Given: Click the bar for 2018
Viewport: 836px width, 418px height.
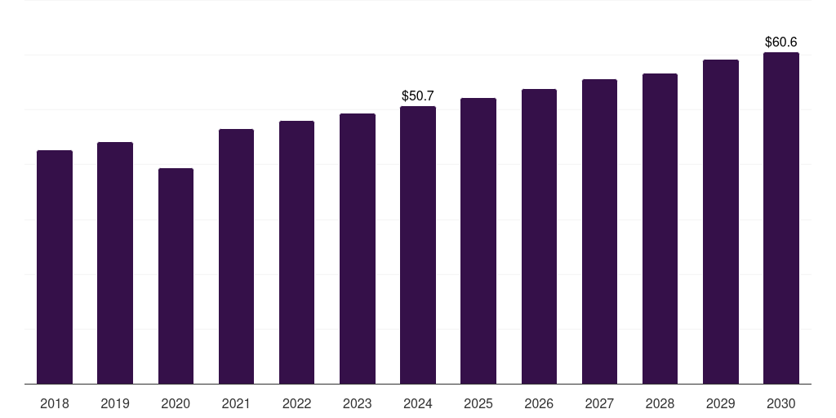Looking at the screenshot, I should point(55,267).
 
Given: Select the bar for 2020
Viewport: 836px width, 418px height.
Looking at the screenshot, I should point(176,276).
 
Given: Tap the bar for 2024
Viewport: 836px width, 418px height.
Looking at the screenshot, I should point(418,245).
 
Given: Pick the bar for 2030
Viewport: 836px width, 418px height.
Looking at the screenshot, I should point(781,218).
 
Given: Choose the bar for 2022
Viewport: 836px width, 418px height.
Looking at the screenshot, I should point(296,252).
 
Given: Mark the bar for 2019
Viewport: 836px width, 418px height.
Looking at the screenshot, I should point(115,263).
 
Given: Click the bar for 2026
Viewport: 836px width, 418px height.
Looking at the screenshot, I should point(539,236).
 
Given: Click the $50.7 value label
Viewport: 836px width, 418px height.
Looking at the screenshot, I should point(418,96).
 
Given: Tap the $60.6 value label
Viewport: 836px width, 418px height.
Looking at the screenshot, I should point(781,42).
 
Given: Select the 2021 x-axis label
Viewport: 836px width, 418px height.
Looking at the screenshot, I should point(236,403).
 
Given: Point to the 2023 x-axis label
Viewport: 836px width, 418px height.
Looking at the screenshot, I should point(358,403).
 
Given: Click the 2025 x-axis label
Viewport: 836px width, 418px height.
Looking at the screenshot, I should point(478,403).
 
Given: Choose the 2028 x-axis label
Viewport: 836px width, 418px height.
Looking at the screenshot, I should point(660,403).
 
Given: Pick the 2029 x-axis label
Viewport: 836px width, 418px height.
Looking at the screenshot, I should point(720,403).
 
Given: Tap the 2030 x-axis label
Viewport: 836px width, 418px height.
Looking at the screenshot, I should point(781,403).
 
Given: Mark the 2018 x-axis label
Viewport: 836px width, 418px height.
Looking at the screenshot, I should point(55,403).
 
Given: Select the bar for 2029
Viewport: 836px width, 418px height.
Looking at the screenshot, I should point(721,221).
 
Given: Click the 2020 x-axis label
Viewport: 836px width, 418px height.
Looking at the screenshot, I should point(176,403).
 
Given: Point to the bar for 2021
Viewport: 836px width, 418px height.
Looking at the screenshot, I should point(236,256).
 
